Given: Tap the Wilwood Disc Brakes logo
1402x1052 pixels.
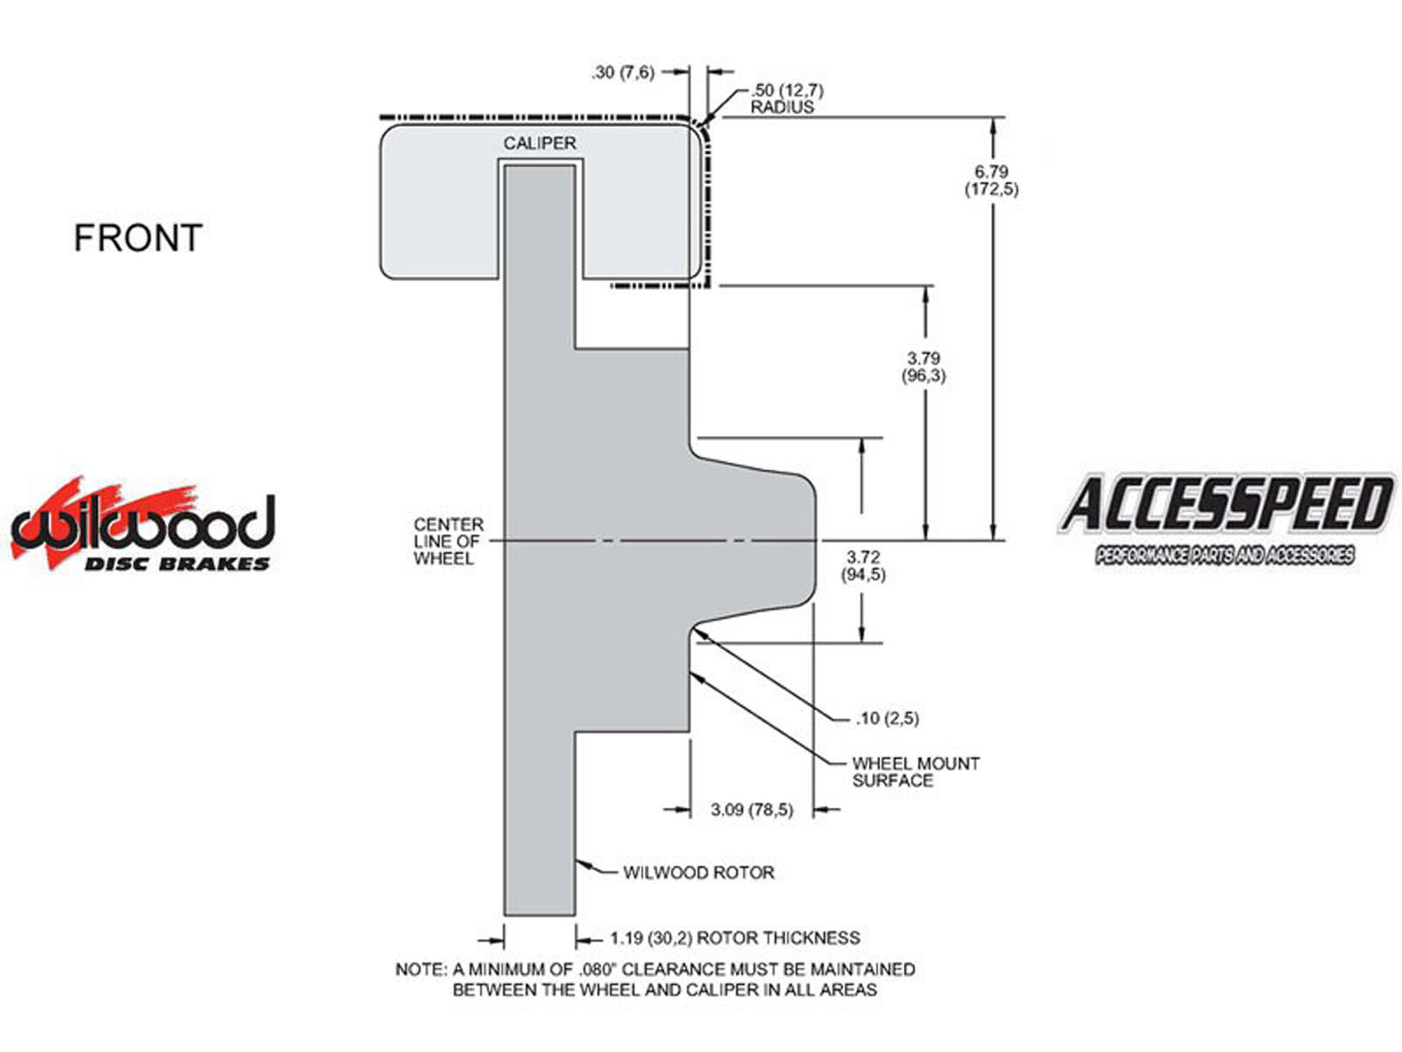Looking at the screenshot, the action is tap(142, 525).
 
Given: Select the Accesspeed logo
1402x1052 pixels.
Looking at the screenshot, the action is tap(1225, 519).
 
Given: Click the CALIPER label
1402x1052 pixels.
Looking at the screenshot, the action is tap(540, 143).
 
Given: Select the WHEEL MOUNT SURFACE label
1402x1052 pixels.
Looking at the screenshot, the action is tap(916, 771).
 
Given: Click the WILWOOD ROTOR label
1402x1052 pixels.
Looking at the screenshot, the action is tap(698, 872).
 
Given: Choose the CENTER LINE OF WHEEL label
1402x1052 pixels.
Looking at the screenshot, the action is tap(449, 541).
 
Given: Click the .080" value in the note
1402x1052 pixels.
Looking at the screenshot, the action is tap(598, 970).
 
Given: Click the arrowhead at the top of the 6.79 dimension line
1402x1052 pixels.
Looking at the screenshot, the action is tap(993, 125).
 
